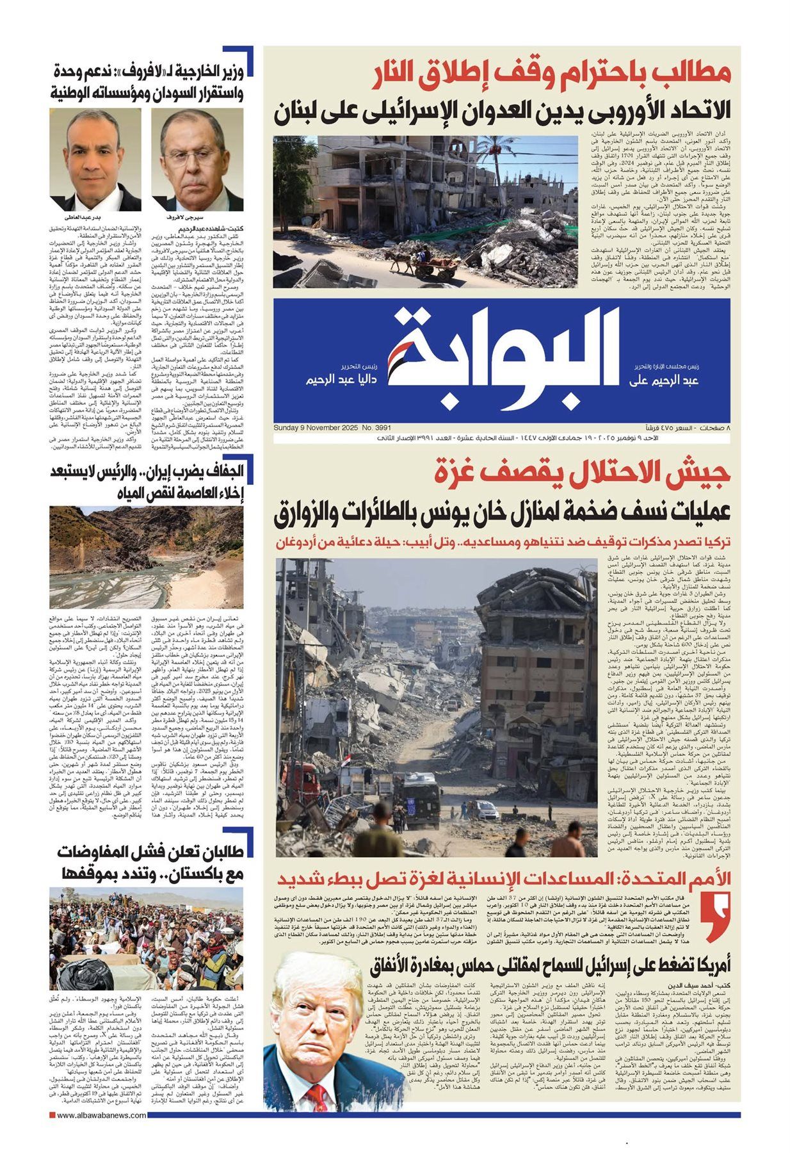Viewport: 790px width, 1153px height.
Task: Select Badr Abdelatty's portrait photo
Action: coord(95,158)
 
